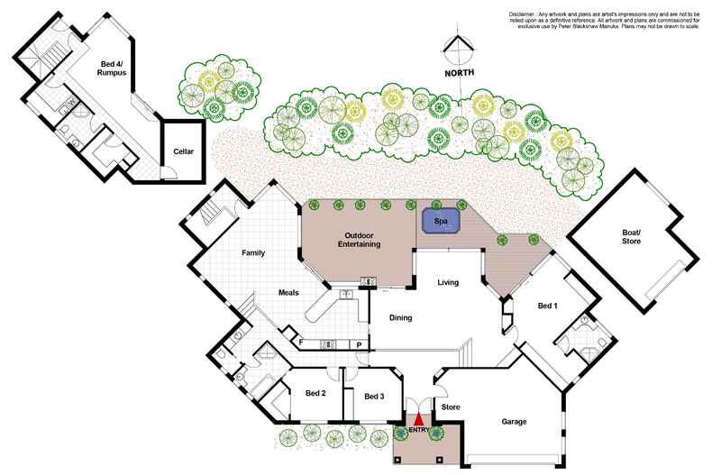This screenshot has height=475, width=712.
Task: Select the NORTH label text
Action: click(460, 72)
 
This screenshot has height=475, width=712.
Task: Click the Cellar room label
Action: click(183, 151)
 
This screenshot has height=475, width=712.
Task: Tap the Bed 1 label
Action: click(547, 306)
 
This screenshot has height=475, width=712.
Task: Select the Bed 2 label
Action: click(315, 394)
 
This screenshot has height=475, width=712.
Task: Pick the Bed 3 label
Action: click(375, 395)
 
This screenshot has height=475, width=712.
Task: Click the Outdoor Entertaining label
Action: click(359, 240)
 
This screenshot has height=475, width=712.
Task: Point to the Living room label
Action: click(448, 282)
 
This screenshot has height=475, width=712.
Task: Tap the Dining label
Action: click(400, 316)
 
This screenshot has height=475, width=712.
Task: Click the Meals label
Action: click(288, 292)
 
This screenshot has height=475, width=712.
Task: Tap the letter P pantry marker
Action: click(358, 343)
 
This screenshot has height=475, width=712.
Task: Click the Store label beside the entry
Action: click(451, 407)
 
